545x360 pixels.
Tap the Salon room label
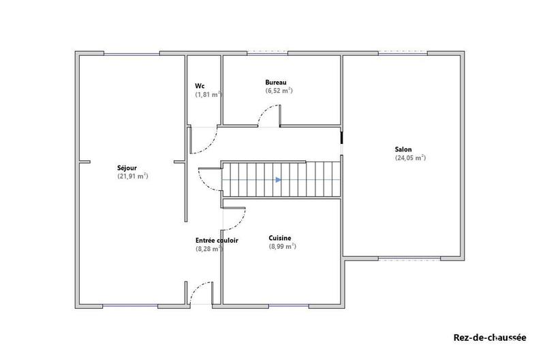(403, 149)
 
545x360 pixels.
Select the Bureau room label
(276, 82)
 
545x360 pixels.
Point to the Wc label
(200, 86)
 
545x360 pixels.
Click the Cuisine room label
(281, 237)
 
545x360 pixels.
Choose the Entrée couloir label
(217, 240)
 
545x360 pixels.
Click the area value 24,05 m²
(410, 157)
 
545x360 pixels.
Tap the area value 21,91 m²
(133, 176)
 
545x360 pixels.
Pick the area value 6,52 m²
(279, 91)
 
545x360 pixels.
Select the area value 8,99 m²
(282, 246)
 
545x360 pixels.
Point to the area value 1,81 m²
(208, 95)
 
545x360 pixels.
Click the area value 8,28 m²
(209, 249)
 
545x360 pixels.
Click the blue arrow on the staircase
(278, 180)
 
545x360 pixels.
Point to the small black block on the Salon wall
(341, 138)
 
